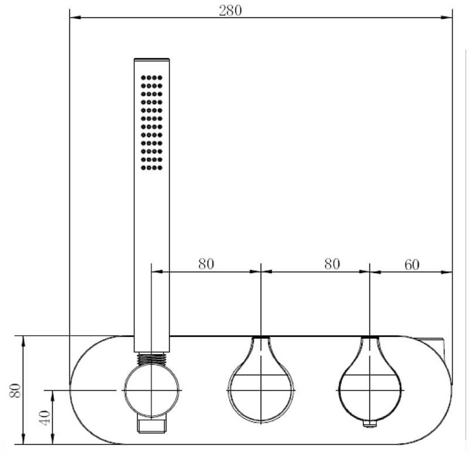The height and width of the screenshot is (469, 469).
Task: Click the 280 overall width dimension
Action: [x=230, y=11]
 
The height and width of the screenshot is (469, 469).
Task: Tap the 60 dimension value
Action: [x=412, y=265]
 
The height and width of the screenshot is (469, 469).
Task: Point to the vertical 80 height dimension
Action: [x=15, y=390]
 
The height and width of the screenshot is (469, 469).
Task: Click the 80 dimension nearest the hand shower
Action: [x=206, y=264]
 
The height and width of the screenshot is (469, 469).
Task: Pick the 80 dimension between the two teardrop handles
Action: [x=332, y=264]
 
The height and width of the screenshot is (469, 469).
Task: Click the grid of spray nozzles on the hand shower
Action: [x=152, y=123]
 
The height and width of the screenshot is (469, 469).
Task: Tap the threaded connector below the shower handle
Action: [x=152, y=359]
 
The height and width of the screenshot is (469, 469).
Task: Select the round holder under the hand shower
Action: [x=152, y=390]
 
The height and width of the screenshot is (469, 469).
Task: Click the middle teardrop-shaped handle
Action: [x=261, y=380]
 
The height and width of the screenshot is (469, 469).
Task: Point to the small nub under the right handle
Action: [x=370, y=423]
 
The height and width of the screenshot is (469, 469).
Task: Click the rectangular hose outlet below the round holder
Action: [x=152, y=425]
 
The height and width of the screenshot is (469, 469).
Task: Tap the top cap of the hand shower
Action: [x=152, y=59]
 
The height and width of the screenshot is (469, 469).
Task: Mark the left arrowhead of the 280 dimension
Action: [x=75, y=18]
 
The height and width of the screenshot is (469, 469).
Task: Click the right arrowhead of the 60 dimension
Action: [x=447, y=272]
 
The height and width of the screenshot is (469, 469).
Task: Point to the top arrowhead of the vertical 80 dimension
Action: [x=23, y=341]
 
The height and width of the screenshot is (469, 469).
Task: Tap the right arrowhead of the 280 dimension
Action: [x=447, y=18]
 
